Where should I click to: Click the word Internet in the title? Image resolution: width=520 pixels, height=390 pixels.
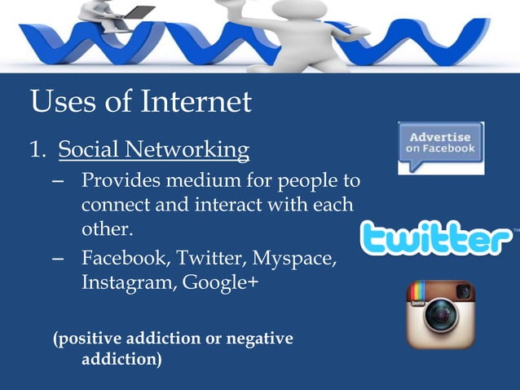coord(196,104)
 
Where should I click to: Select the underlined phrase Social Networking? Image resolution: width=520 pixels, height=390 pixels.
coord(154,150)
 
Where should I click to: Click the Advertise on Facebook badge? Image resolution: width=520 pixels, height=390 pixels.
coord(441,148)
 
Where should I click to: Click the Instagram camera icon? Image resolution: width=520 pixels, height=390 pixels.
coord(440,314)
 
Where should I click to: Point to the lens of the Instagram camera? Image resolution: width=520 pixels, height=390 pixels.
coord(440,320)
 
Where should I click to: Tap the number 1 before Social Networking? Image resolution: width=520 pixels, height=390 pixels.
coord(36,150)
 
